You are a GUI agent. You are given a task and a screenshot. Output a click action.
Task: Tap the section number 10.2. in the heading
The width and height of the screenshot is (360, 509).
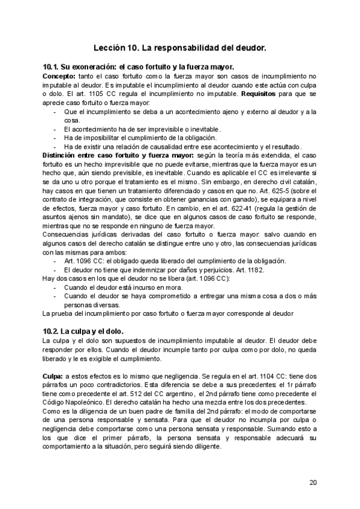[53, 331]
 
